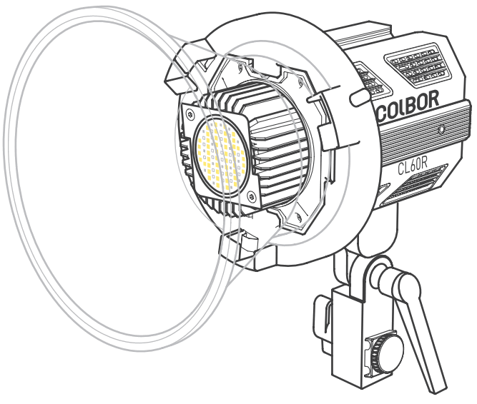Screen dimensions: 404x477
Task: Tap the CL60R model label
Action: pyautogui.click(x=412, y=169)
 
